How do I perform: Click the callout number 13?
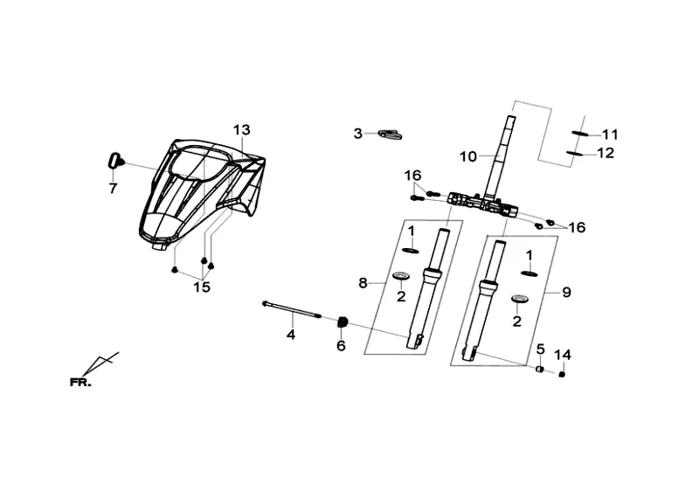coord(241,130)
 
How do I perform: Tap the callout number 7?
coord(112,188)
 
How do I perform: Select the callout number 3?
coord(357,134)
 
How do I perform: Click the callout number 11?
coord(609,135)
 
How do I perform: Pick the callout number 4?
coord(292,335)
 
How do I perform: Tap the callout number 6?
coord(341,346)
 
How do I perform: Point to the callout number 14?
coord(562,355)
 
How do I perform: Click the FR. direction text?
coord(81,382)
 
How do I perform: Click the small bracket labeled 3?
coord(388,134)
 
